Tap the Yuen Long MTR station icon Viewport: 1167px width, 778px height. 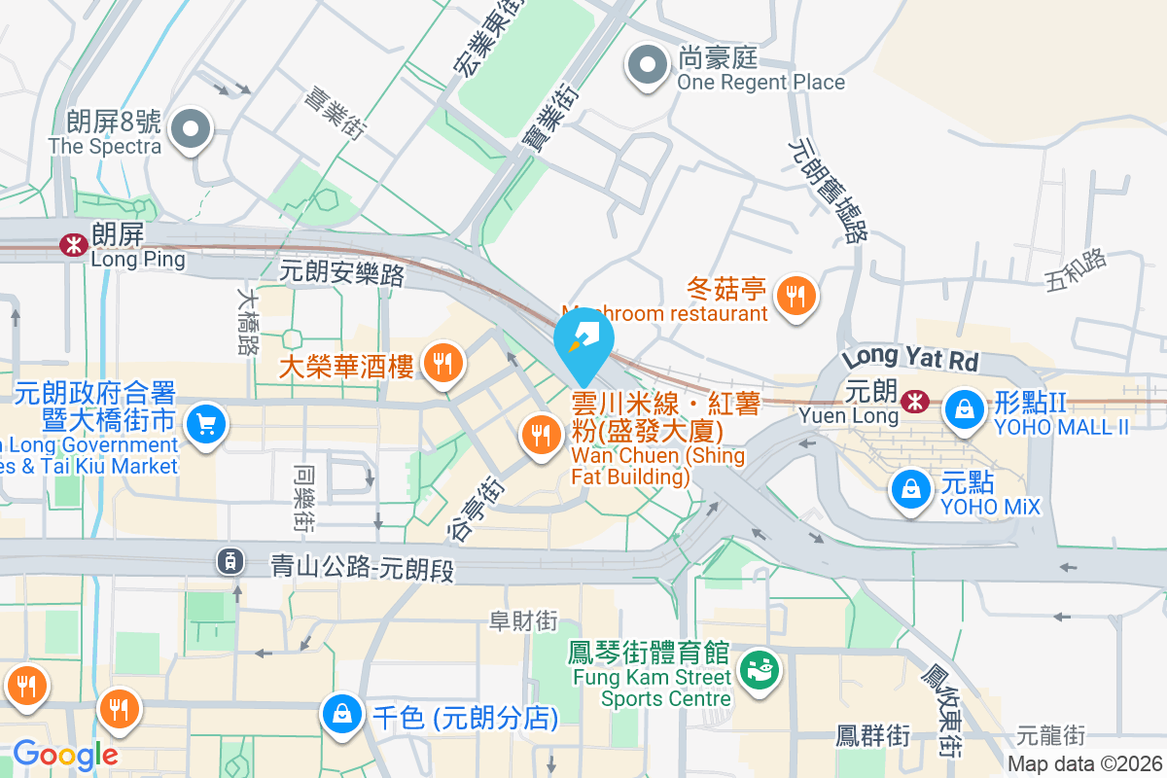click(x=914, y=401)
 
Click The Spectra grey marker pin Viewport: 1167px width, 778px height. click(x=191, y=130)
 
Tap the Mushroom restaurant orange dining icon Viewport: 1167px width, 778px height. click(x=796, y=296)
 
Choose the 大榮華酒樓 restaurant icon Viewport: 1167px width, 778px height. click(x=443, y=365)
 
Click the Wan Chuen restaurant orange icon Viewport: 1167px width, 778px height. click(x=540, y=434)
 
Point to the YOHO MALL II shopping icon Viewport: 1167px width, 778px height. click(x=964, y=408)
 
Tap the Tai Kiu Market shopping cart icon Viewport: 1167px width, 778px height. click(x=205, y=425)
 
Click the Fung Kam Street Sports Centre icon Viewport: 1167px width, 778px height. click(x=759, y=670)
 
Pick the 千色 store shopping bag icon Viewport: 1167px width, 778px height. click(x=343, y=716)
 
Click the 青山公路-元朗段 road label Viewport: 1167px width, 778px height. click(x=362, y=565)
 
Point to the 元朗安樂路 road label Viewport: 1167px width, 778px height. click(x=341, y=272)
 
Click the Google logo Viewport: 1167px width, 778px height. click(x=64, y=754)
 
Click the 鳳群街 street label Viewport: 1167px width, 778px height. click(x=873, y=735)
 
